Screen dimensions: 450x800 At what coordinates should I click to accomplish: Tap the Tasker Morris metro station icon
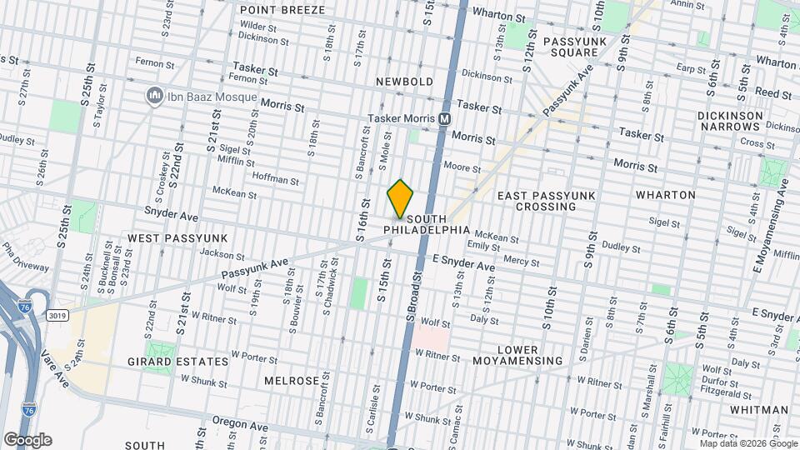tap(445, 119)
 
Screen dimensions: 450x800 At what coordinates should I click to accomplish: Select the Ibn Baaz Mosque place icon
tap(154, 96)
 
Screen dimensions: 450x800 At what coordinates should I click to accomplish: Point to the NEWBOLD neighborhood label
tap(404, 82)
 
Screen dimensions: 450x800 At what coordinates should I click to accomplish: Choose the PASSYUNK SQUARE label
tap(571, 46)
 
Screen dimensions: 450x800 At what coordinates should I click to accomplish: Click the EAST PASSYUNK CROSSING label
tap(548, 200)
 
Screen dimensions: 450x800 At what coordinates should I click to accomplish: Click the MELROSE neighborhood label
tap(292, 380)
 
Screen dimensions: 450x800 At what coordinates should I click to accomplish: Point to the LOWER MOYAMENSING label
tap(517, 355)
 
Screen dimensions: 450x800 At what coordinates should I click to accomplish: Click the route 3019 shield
tap(57, 316)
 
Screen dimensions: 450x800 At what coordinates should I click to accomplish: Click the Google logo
tap(27, 439)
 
